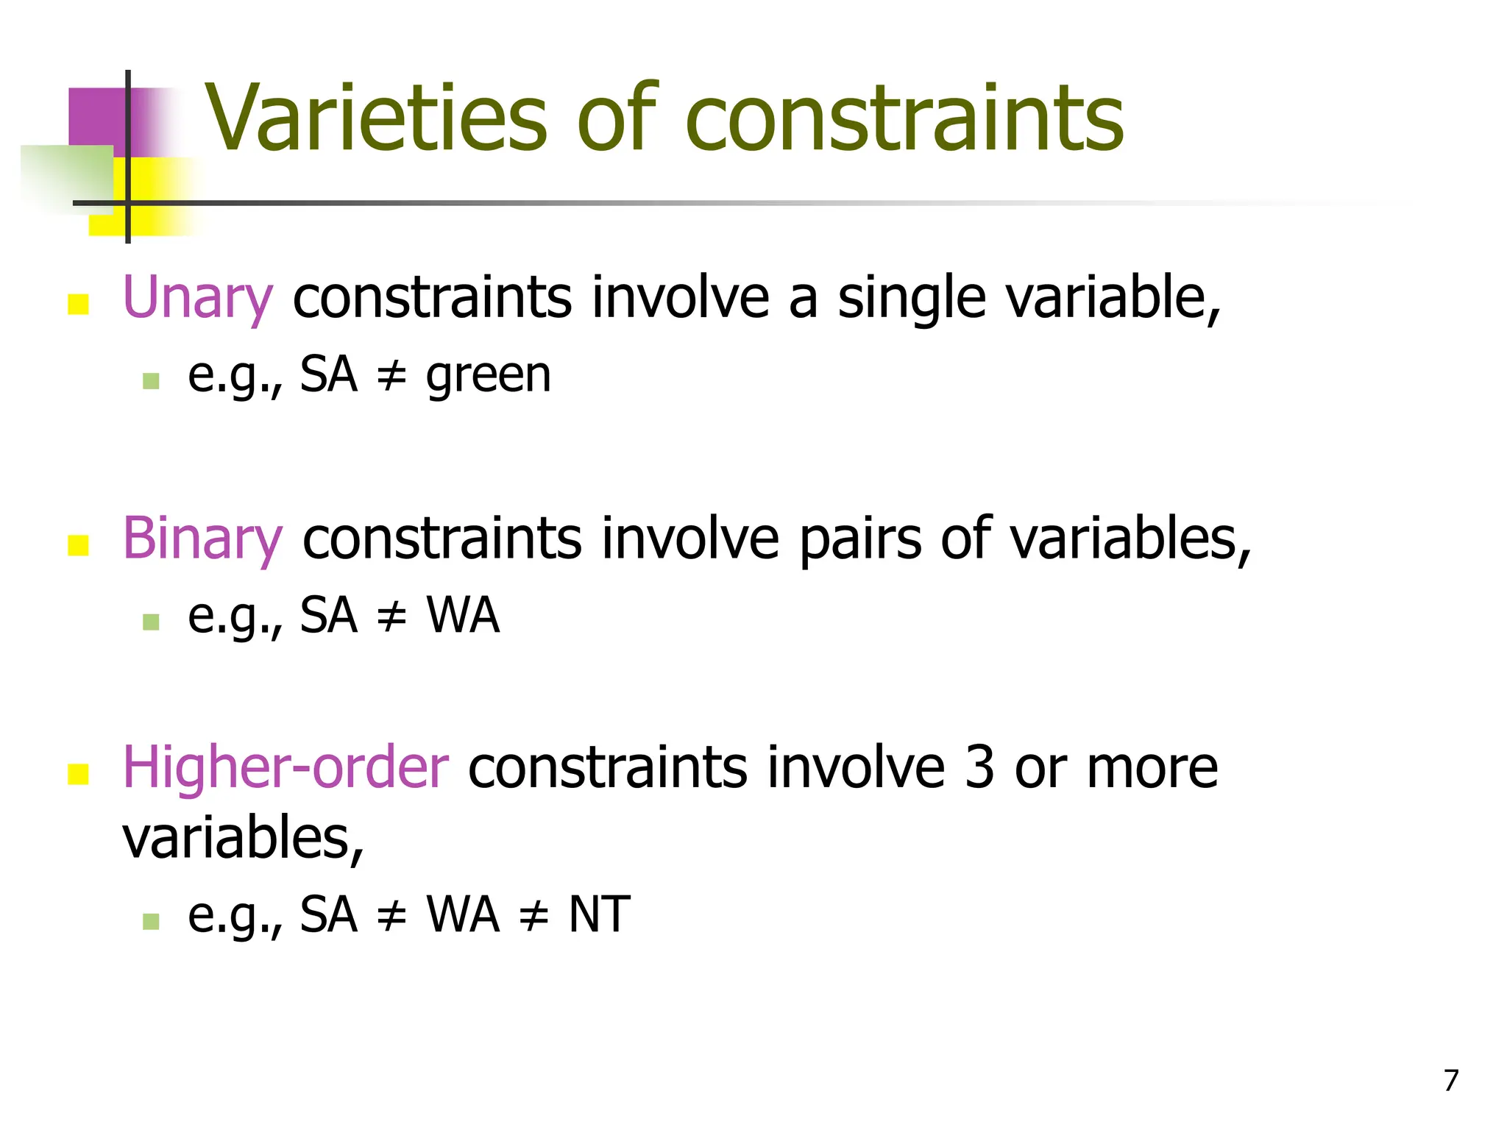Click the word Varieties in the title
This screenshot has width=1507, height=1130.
click(x=375, y=119)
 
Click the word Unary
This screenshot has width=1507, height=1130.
click(x=197, y=297)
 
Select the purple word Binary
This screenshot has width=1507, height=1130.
click(x=202, y=539)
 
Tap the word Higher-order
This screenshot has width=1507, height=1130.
click(x=286, y=767)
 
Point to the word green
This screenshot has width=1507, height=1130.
click(x=488, y=376)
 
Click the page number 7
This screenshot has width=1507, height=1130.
click(x=1450, y=1081)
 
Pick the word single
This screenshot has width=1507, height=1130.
click(x=912, y=297)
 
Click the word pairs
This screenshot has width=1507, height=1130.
click(x=859, y=539)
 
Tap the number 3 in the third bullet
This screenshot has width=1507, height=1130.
click(x=979, y=767)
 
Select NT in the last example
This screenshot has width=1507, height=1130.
click(x=599, y=914)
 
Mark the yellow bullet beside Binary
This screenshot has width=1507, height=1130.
click(x=78, y=545)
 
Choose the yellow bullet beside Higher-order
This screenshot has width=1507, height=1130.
click(x=78, y=774)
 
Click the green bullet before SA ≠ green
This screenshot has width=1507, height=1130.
click(x=151, y=381)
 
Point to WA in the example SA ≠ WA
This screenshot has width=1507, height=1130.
click(x=463, y=616)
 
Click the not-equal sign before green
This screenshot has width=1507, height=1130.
click(x=391, y=376)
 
